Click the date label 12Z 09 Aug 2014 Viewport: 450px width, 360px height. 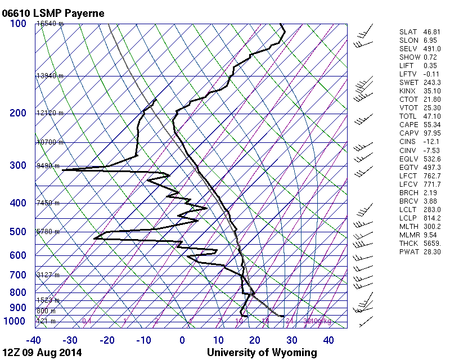[42, 353]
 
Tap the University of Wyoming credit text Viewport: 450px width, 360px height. [262, 353]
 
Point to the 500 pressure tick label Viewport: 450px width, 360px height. [17, 232]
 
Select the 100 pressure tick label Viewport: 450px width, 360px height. [17, 24]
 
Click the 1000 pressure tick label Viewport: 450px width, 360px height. [15, 321]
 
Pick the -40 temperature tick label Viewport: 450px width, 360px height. [34, 340]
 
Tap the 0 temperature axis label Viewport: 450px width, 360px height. [182, 340]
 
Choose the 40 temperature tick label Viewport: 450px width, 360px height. [328, 340]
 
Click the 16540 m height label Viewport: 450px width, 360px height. [50, 24]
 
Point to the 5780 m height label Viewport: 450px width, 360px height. [48, 231]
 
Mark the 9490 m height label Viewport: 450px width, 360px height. [48, 166]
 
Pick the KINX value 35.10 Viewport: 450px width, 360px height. [431, 91]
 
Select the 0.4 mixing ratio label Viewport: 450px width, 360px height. [87, 321]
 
